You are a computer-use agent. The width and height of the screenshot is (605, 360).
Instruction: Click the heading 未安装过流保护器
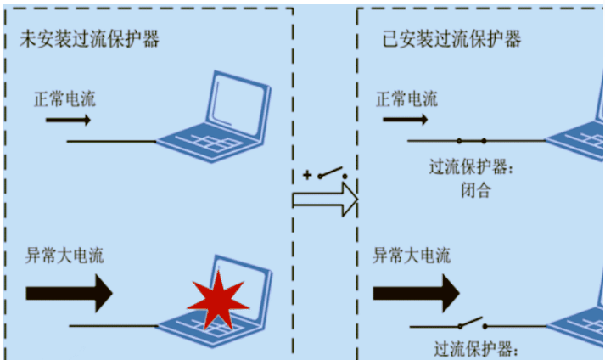[x=90, y=39]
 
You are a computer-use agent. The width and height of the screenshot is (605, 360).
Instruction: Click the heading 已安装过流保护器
[x=451, y=39]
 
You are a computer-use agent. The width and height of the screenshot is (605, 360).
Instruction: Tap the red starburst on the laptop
[x=218, y=298]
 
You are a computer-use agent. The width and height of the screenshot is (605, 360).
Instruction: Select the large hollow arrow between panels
[x=325, y=200]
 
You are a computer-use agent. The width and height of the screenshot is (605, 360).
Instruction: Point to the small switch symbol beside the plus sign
[x=333, y=174]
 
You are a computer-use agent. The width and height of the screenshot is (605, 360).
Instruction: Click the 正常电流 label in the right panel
[x=406, y=98]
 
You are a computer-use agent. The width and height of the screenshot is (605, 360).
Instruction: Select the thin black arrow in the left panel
[x=68, y=121]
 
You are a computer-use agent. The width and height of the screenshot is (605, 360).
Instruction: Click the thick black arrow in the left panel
[x=69, y=293]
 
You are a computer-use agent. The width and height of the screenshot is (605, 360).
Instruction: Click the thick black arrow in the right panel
[x=416, y=294]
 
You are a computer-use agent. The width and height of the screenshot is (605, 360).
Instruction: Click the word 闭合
[x=473, y=191]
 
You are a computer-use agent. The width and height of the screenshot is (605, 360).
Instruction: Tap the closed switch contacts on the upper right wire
[x=471, y=140]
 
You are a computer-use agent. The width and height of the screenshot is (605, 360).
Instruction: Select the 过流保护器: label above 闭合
[x=473, y=167]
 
